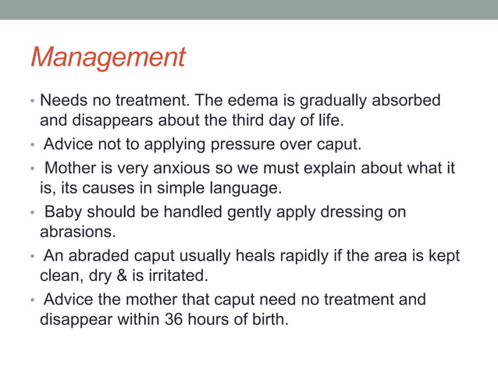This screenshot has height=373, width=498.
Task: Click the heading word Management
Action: (108, 57)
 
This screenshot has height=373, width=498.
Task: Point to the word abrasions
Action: (75, 232)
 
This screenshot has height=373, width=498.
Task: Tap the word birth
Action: (267, 319)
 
